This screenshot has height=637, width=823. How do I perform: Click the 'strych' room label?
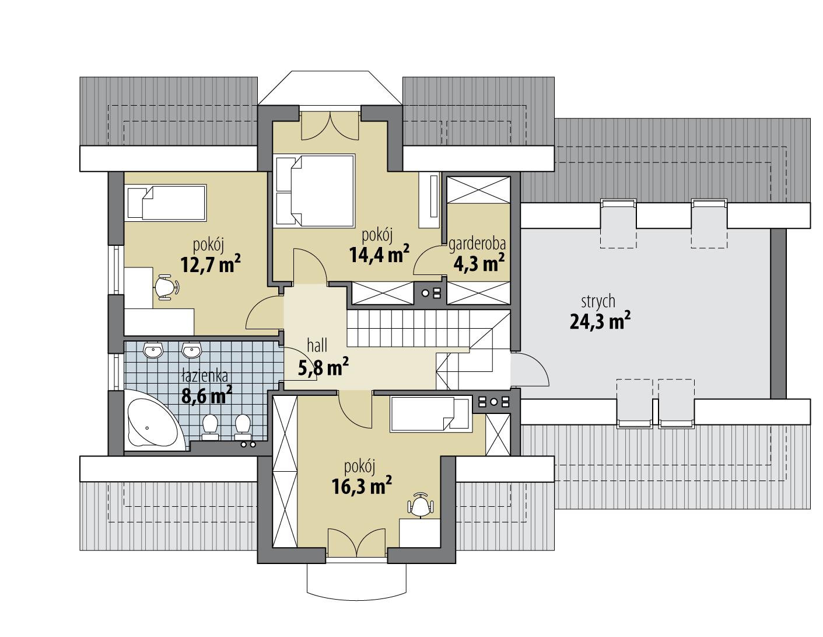598,302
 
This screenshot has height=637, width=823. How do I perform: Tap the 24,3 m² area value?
600,321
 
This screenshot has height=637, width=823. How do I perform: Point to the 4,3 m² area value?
479,263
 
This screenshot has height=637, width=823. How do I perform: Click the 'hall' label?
318,347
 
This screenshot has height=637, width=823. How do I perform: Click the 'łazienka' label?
204,376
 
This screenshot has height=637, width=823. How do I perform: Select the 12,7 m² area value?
211,265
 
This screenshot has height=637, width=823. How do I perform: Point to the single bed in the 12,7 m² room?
166,203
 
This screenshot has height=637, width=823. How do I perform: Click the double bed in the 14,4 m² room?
315,190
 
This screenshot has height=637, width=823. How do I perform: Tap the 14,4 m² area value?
379,255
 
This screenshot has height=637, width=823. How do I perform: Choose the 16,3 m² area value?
362,486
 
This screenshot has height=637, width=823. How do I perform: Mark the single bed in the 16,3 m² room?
430,415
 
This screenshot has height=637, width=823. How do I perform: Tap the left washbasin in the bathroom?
154,350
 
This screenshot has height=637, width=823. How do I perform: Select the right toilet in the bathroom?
243,426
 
